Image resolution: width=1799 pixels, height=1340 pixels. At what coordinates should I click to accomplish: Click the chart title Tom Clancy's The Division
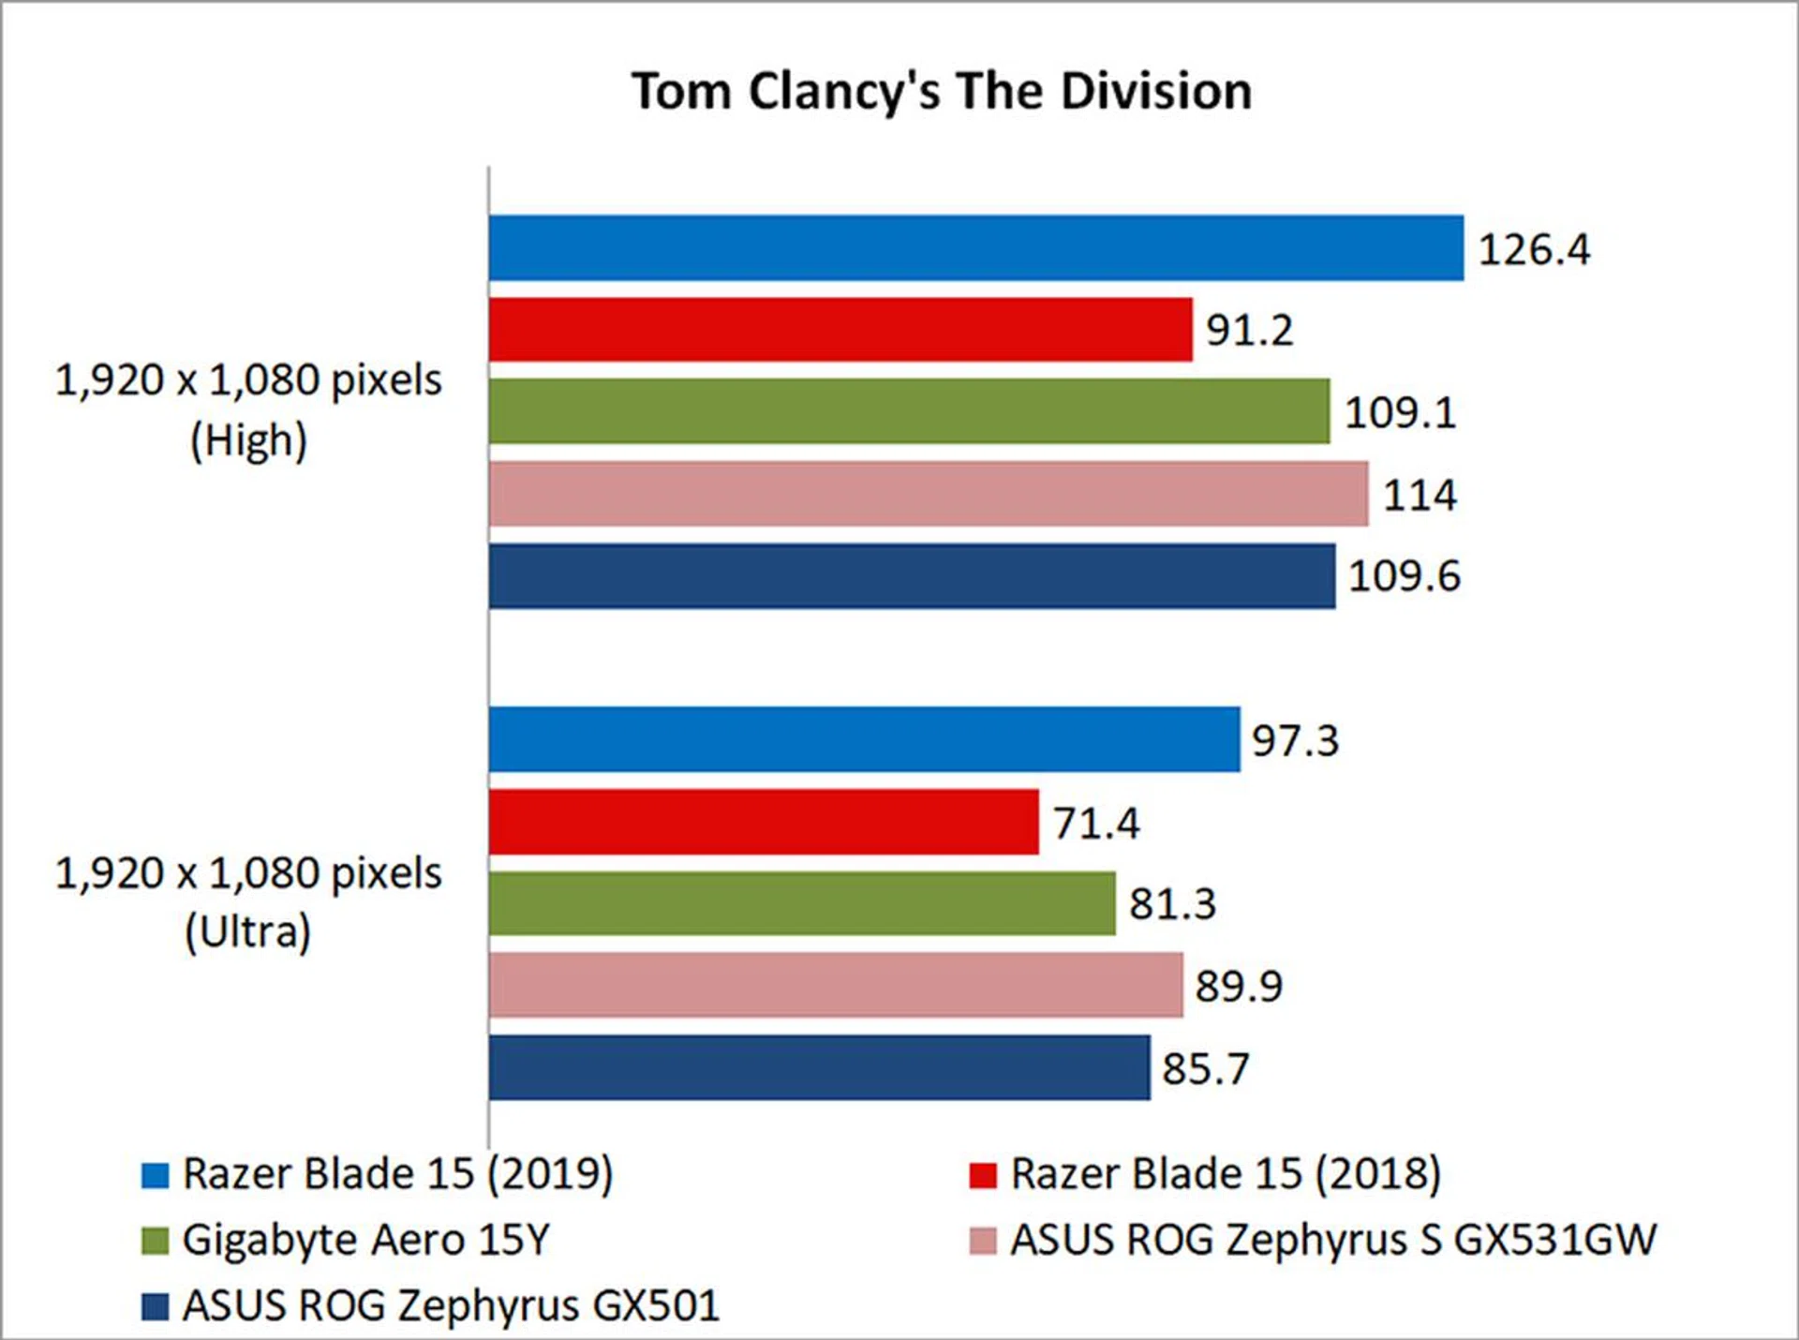point(941,92)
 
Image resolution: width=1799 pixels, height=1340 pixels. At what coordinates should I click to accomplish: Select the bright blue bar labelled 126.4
point(975,248)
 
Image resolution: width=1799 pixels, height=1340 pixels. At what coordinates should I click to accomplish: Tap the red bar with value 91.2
point(840,330)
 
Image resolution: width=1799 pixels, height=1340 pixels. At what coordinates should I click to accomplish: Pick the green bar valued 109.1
point(909,411)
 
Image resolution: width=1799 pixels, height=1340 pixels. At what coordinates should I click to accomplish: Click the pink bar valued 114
point(928,494)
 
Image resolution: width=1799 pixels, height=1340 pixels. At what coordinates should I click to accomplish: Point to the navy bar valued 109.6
point(912,575)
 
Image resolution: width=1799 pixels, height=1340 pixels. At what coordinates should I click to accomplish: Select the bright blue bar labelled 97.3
point(864,739)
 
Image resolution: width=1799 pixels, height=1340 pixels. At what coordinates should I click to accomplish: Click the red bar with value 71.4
point(764,822)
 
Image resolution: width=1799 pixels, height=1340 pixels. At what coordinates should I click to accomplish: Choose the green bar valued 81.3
point(802,903)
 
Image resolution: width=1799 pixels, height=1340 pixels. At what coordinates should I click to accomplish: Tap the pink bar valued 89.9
point(836,985)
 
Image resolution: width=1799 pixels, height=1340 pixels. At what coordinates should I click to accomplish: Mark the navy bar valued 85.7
point(819,1067)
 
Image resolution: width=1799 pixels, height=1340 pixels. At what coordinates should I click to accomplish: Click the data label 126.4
point(1534,250)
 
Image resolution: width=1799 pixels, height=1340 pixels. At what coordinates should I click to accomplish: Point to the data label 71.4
point(1095,824)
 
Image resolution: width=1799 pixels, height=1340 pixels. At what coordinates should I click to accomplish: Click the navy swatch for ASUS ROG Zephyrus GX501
point(155,1306)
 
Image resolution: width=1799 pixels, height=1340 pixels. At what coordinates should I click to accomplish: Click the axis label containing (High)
point(248,410)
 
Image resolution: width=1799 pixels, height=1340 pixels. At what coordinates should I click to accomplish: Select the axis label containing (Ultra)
point(248,902)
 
